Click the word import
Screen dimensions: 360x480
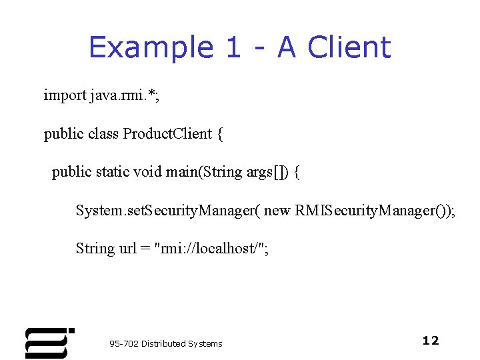[65, 95]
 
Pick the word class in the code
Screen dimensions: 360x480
[103, 134]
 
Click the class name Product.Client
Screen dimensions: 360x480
[167, 134]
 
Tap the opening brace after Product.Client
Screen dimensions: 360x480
[220, 134]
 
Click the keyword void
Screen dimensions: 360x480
[148, 172]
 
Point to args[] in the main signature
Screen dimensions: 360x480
[269, 172]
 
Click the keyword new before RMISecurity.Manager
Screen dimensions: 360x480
[277, 211]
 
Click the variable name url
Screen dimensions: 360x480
[127, 249]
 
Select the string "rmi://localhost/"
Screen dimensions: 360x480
[209, 249]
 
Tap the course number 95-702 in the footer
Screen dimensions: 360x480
[124, 344]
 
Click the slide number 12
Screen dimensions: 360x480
[431, 341]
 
